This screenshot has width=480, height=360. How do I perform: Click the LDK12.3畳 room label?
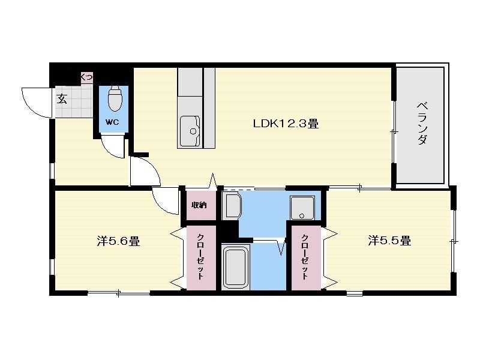click(x=286, y=124)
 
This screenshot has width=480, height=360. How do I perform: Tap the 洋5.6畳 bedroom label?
click(x=118, y=241)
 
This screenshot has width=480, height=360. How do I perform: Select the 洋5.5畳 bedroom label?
click(x=389, y=241)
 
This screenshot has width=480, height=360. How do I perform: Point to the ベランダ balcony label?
click(x=422, y=124)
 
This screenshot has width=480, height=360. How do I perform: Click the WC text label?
click(x=112, y=122)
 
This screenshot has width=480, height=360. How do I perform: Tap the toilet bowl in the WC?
click(x=115, y=98)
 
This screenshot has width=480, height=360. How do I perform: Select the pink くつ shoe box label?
click(x=86, y=77)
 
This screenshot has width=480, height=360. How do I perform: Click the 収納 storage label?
click(x=199, y=205)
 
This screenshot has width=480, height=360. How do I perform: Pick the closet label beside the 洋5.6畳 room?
click(x=200, y=257)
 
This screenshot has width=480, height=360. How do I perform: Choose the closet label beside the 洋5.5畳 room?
click(x=305, y=257)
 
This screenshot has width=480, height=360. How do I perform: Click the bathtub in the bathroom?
click(x=235, y=267)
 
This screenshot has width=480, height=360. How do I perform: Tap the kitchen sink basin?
click(x=190, y=131)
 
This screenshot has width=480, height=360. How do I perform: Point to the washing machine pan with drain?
click(x=302, y=208)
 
